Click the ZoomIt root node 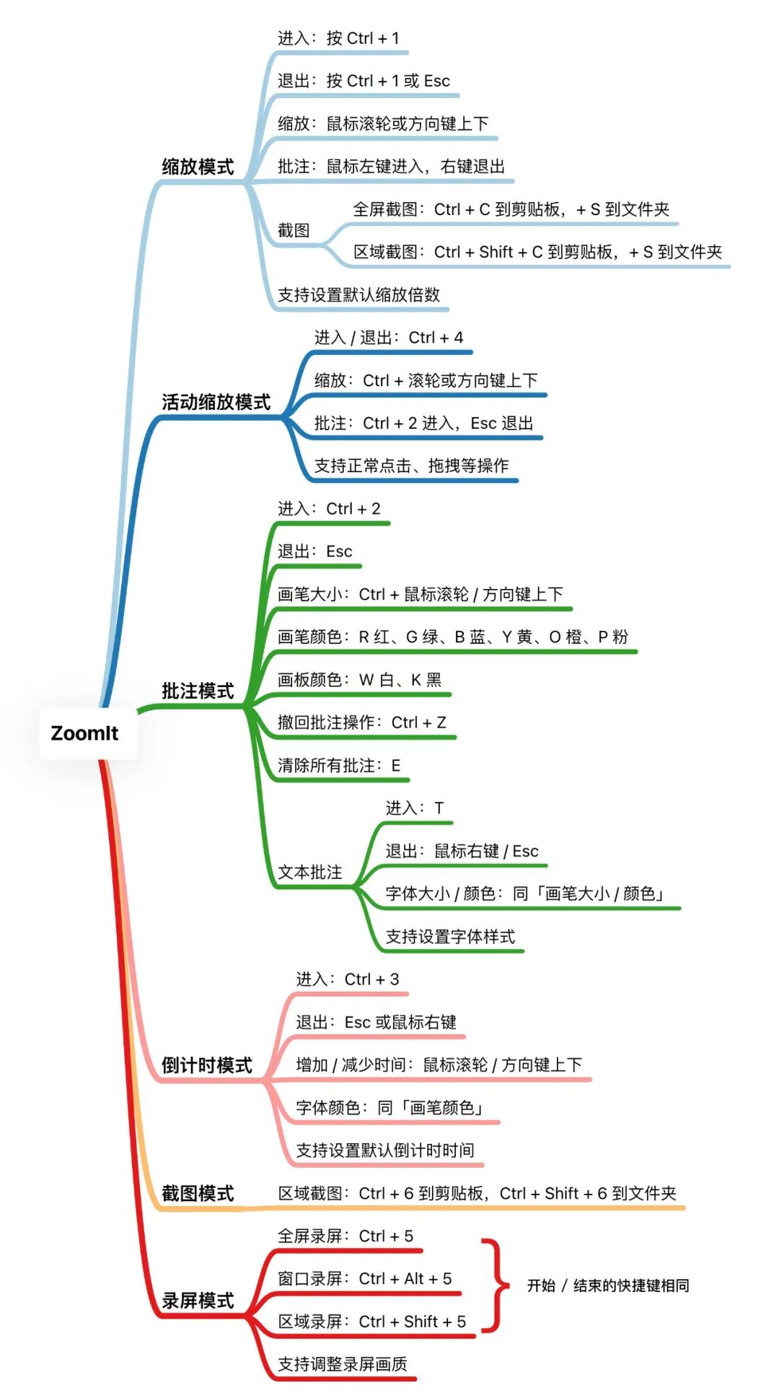point(85,733)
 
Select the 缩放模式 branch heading point(198,167)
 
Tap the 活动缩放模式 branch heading point(216,402)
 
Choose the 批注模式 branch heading point(198,691)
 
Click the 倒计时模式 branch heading point(206,1065)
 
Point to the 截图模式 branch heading point(198,1193)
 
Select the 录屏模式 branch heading point(198,1301)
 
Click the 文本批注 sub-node point(310,872)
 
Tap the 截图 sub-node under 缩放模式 point(294,230)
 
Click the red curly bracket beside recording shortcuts point(494,1285)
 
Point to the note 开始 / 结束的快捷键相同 point(607,1285)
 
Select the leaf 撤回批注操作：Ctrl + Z point(362,722)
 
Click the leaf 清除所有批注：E point(339,765)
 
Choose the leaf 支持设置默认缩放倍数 point(358,294)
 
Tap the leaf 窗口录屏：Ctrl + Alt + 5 point(365,1279)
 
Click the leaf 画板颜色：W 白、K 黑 point(359,680)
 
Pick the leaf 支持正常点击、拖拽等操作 point(411,466)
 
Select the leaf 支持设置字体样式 point(450,937)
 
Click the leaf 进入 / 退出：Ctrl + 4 point(389,337)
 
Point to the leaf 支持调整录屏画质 point(343,1364)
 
